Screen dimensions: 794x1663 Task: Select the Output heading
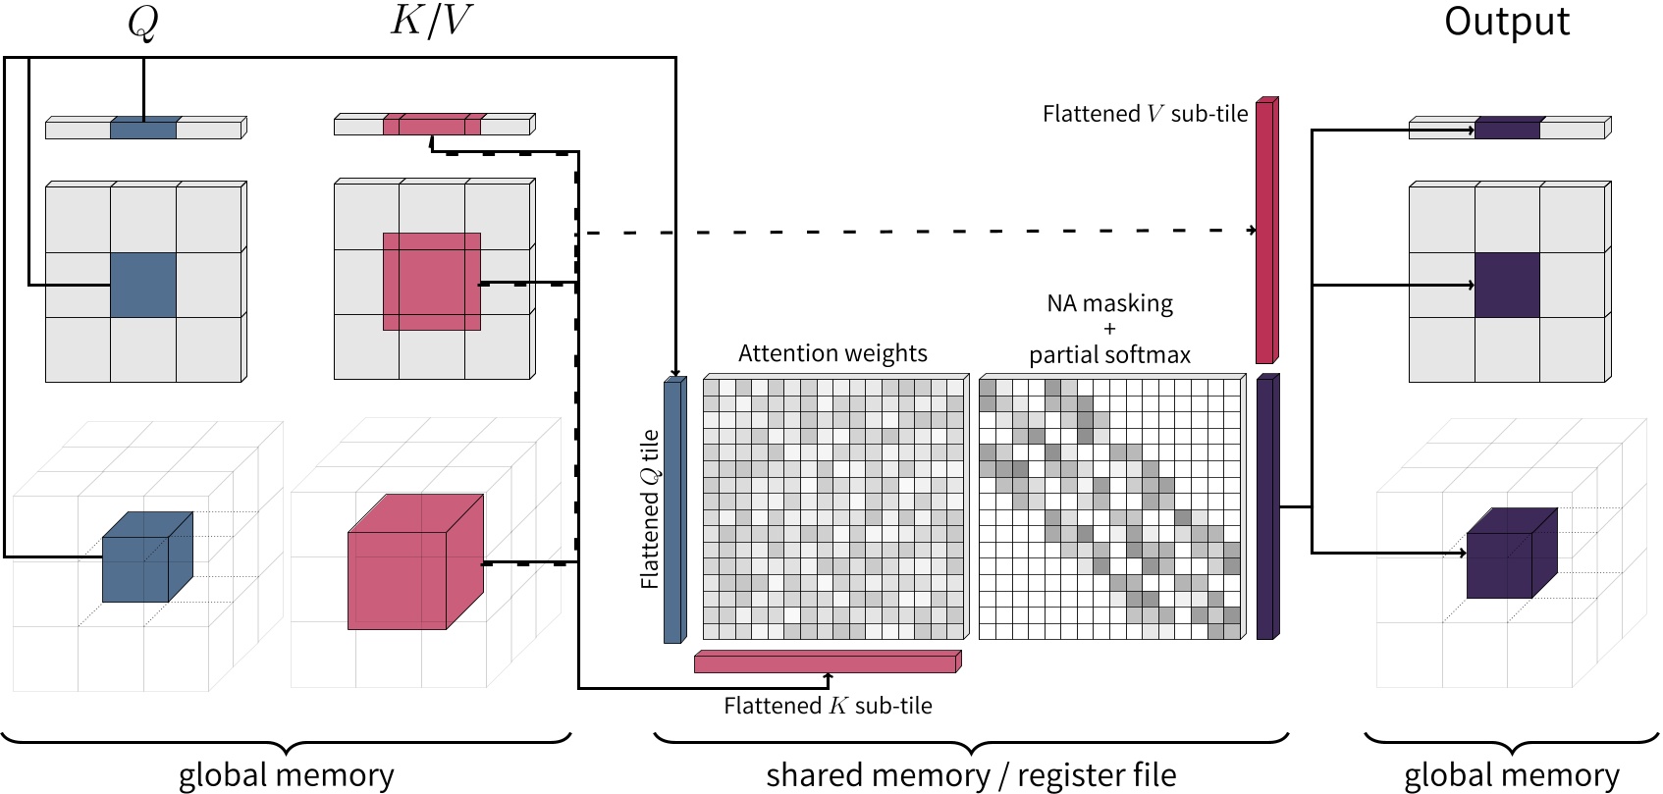1506,22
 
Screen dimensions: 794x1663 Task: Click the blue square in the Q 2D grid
143,286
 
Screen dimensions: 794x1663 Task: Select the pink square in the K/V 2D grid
431,282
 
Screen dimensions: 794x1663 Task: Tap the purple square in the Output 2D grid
1507,286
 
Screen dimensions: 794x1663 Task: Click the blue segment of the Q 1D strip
143,129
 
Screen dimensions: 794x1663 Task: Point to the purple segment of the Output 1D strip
1507,129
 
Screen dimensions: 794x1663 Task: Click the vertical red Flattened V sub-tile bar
1265,232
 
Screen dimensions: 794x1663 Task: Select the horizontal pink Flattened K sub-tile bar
826,663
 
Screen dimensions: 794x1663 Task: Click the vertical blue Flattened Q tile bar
673,510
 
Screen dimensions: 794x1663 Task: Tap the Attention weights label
832,353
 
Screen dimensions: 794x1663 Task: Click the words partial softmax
1109,355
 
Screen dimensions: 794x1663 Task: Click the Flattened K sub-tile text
828,706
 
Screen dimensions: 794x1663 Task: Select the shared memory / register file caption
970,775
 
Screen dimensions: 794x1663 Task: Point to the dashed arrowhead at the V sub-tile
1253,230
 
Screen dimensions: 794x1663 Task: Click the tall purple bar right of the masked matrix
1266,507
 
